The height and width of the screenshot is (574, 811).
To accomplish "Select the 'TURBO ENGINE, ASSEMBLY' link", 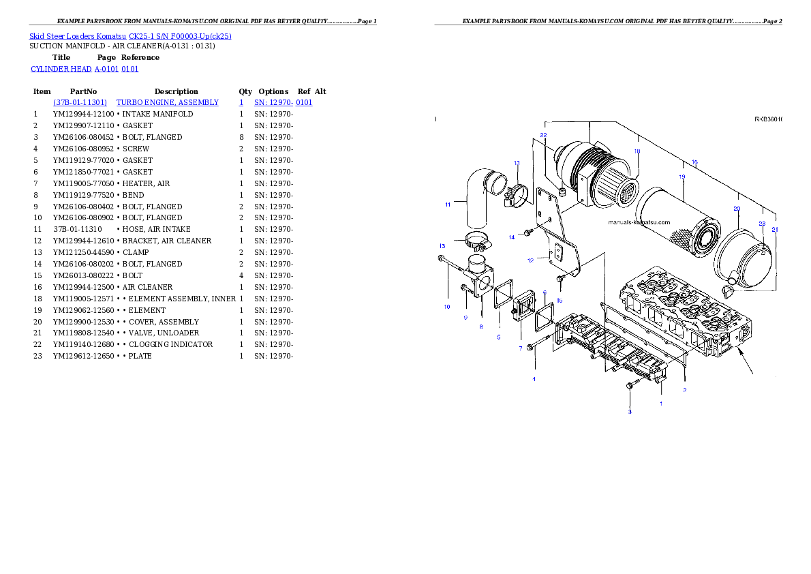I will [168, 102].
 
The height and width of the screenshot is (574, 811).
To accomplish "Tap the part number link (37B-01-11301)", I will [80, 102].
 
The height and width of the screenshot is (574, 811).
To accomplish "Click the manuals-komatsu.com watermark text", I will [639, 222].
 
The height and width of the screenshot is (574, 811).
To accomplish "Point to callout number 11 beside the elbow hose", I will [448, 204].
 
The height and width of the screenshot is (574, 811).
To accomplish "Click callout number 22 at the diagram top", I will [543, 136].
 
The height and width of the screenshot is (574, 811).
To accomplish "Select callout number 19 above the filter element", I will [682, 177].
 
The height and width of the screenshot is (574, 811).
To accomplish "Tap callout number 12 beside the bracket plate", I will [530, 260].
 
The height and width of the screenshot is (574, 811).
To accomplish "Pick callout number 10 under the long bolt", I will [447, 307].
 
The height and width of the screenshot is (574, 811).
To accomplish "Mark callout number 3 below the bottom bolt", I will [630, 412].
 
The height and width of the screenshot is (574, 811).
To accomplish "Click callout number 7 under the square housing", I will [520, 348].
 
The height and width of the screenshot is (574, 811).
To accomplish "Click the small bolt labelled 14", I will [527, 234].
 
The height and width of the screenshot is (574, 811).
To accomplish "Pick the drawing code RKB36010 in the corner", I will [768, 119].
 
